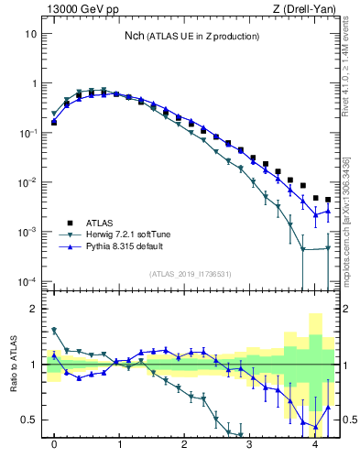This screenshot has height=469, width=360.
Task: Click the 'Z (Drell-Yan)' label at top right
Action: pyautogui.click(x=309, y=9)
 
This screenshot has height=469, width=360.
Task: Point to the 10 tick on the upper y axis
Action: pyautogui.click(x=31, y=34)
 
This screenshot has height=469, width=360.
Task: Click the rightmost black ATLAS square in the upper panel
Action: pyautogui.click(x=328, y=200)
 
